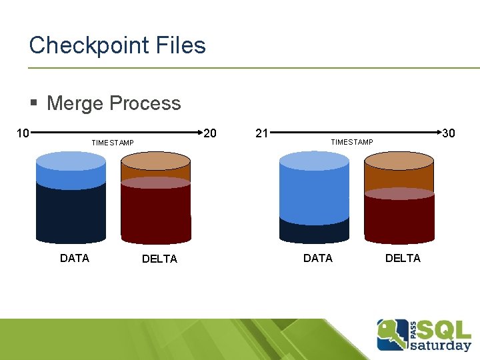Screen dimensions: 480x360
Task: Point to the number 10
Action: coord(23,133)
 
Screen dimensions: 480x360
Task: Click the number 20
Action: coord(209,133)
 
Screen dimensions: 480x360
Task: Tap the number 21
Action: coord(262,133)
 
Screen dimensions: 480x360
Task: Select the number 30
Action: coord(449,133)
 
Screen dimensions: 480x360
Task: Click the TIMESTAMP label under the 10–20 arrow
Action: coord(113,143)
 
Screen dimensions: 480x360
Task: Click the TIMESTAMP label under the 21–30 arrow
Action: coord(352,142)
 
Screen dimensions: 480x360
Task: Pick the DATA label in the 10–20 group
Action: coord(75,258)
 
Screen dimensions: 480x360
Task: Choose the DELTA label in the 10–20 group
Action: coord(160,259)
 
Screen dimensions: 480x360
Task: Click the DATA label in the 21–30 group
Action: coord(318,258)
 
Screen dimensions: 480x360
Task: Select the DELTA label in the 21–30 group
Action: coord(403,258)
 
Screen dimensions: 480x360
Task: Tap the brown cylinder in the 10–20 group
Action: coord(156,200)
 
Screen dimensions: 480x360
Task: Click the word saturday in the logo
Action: coord(440,345)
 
